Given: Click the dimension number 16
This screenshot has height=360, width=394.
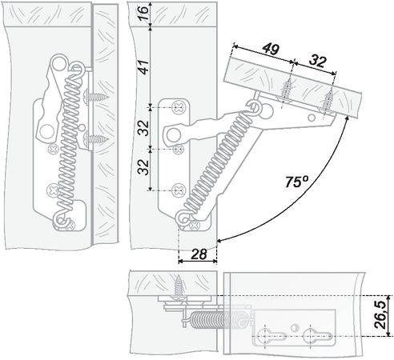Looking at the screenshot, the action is pyautogui.click(x=143, y=13).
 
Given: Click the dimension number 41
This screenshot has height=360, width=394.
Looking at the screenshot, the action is pyautogui.click(x=143, y=67).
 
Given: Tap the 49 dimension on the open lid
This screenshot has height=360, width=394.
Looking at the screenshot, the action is pyautogui.click(x=271, y=49).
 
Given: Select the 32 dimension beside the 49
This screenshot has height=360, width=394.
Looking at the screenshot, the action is pyautogui.click(x=318, y=61).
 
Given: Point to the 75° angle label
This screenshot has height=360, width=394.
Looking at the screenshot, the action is pyautogui.click(x=296, y=182).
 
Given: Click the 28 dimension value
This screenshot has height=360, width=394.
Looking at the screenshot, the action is pyautogui.click(x=199, y=254).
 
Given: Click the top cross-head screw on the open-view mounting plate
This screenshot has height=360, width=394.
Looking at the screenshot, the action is pyautogui.click(x=179, y=107).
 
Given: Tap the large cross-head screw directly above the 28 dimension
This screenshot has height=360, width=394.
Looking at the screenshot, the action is pyautogui.click(x=195, y=226).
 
